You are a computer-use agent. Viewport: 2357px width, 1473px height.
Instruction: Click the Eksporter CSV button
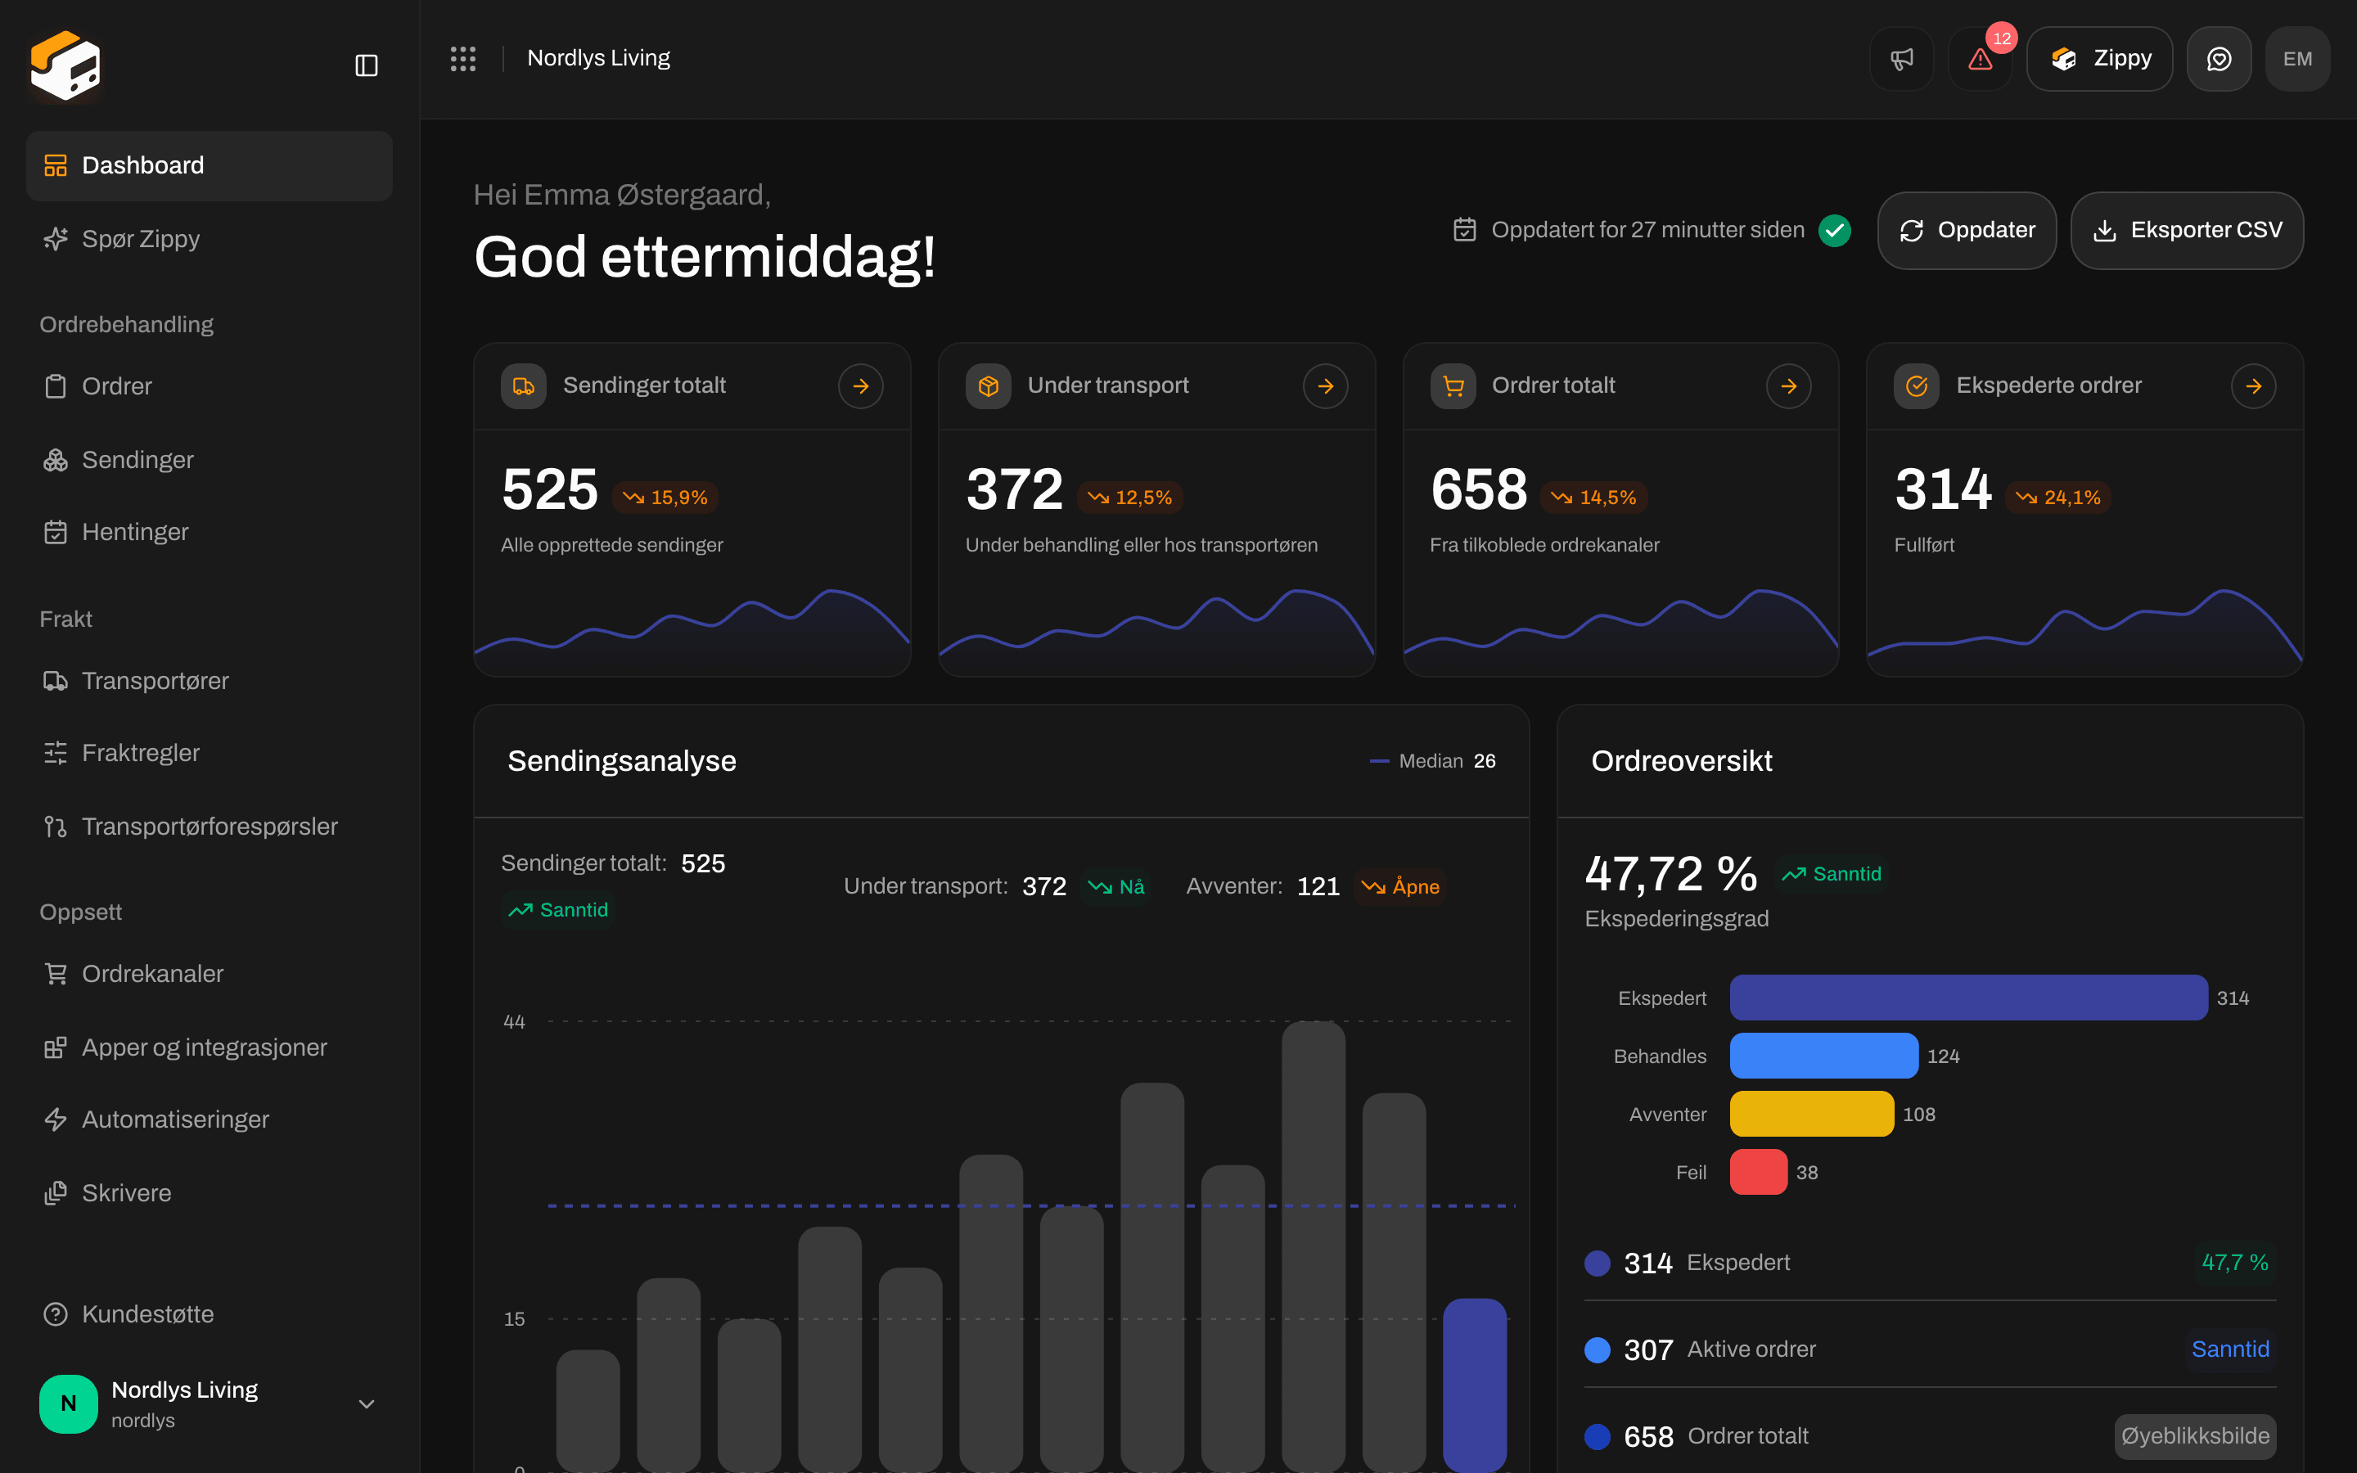[2187, 230]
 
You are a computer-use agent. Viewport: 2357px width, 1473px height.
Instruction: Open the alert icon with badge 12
[1980, 58]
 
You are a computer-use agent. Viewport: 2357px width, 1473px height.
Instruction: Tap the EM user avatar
[2297, 58]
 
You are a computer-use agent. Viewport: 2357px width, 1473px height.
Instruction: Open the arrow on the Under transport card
[1326, 385]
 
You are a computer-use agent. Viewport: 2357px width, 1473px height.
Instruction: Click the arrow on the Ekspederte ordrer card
[2254, 385]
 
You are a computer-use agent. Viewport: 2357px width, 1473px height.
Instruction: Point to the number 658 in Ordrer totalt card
[1479, 489]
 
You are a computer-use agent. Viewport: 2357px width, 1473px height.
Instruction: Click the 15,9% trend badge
[666, 498]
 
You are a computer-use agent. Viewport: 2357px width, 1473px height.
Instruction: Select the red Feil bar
[1758, 1172]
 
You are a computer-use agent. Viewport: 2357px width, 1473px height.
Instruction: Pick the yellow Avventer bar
[1812, 1114]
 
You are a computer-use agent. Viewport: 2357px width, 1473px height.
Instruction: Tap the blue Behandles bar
[1823, 1056]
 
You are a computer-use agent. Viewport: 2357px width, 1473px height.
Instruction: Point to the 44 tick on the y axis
[514, 1022]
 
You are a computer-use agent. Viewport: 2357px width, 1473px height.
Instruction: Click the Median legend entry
[1431, 761]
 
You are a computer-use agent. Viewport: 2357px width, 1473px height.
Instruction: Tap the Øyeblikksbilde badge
[2195, 1436]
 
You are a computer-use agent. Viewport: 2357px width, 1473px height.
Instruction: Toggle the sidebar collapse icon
[366, 65]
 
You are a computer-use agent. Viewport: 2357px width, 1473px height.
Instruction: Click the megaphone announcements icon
[1901, 58]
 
